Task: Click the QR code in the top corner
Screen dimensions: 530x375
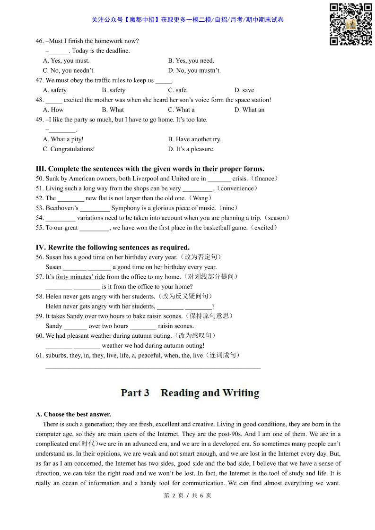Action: (x=350, y=24)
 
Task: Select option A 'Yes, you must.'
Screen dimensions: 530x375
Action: (x=66, y=60)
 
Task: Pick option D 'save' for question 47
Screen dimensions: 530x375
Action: (x=244, y=90)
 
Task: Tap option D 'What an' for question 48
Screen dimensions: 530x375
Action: (x=249, y=110)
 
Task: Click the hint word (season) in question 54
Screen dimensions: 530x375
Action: (x=277, y=218)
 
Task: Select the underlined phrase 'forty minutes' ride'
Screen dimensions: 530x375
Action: (x=80, y=277)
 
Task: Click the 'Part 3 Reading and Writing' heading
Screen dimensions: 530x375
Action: (x=190, y=393)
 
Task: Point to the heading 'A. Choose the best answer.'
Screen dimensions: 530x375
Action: (x=73, y=414)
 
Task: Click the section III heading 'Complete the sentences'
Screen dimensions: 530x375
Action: (x=150, y=169)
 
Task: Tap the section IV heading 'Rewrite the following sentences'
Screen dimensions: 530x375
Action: (x=113, y=247)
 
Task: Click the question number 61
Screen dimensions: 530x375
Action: (x=40, y=355)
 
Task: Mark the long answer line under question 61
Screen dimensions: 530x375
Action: (x=153, y=368)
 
